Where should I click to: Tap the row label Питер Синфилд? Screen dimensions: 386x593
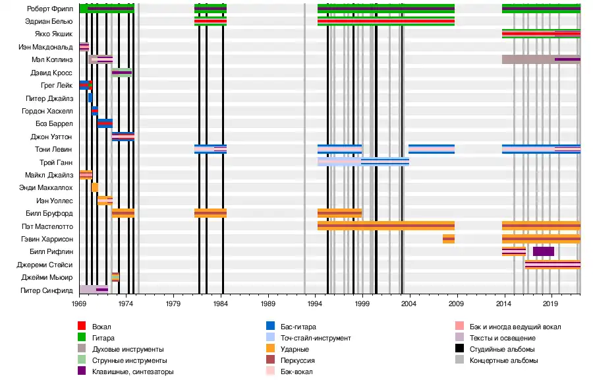point(49,290)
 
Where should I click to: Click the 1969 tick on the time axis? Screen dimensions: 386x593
point(80,304)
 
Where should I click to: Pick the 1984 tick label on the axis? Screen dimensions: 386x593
point(221,304)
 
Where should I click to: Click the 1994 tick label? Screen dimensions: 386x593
point(315,304)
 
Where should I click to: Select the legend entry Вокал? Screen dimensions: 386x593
point(101,327)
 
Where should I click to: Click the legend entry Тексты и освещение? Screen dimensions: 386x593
point(498,338)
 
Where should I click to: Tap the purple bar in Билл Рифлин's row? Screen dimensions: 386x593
point(544,251)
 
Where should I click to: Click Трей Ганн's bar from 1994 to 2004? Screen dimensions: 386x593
point(363,162)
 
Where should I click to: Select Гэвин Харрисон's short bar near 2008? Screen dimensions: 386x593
point(449,239)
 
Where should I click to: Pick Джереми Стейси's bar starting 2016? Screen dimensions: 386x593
point(552,265)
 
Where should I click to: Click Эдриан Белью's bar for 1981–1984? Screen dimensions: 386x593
point(210,22)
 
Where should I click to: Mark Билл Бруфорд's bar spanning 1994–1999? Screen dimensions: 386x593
point(339,213)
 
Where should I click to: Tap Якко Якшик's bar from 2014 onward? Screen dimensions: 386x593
point(541,34)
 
